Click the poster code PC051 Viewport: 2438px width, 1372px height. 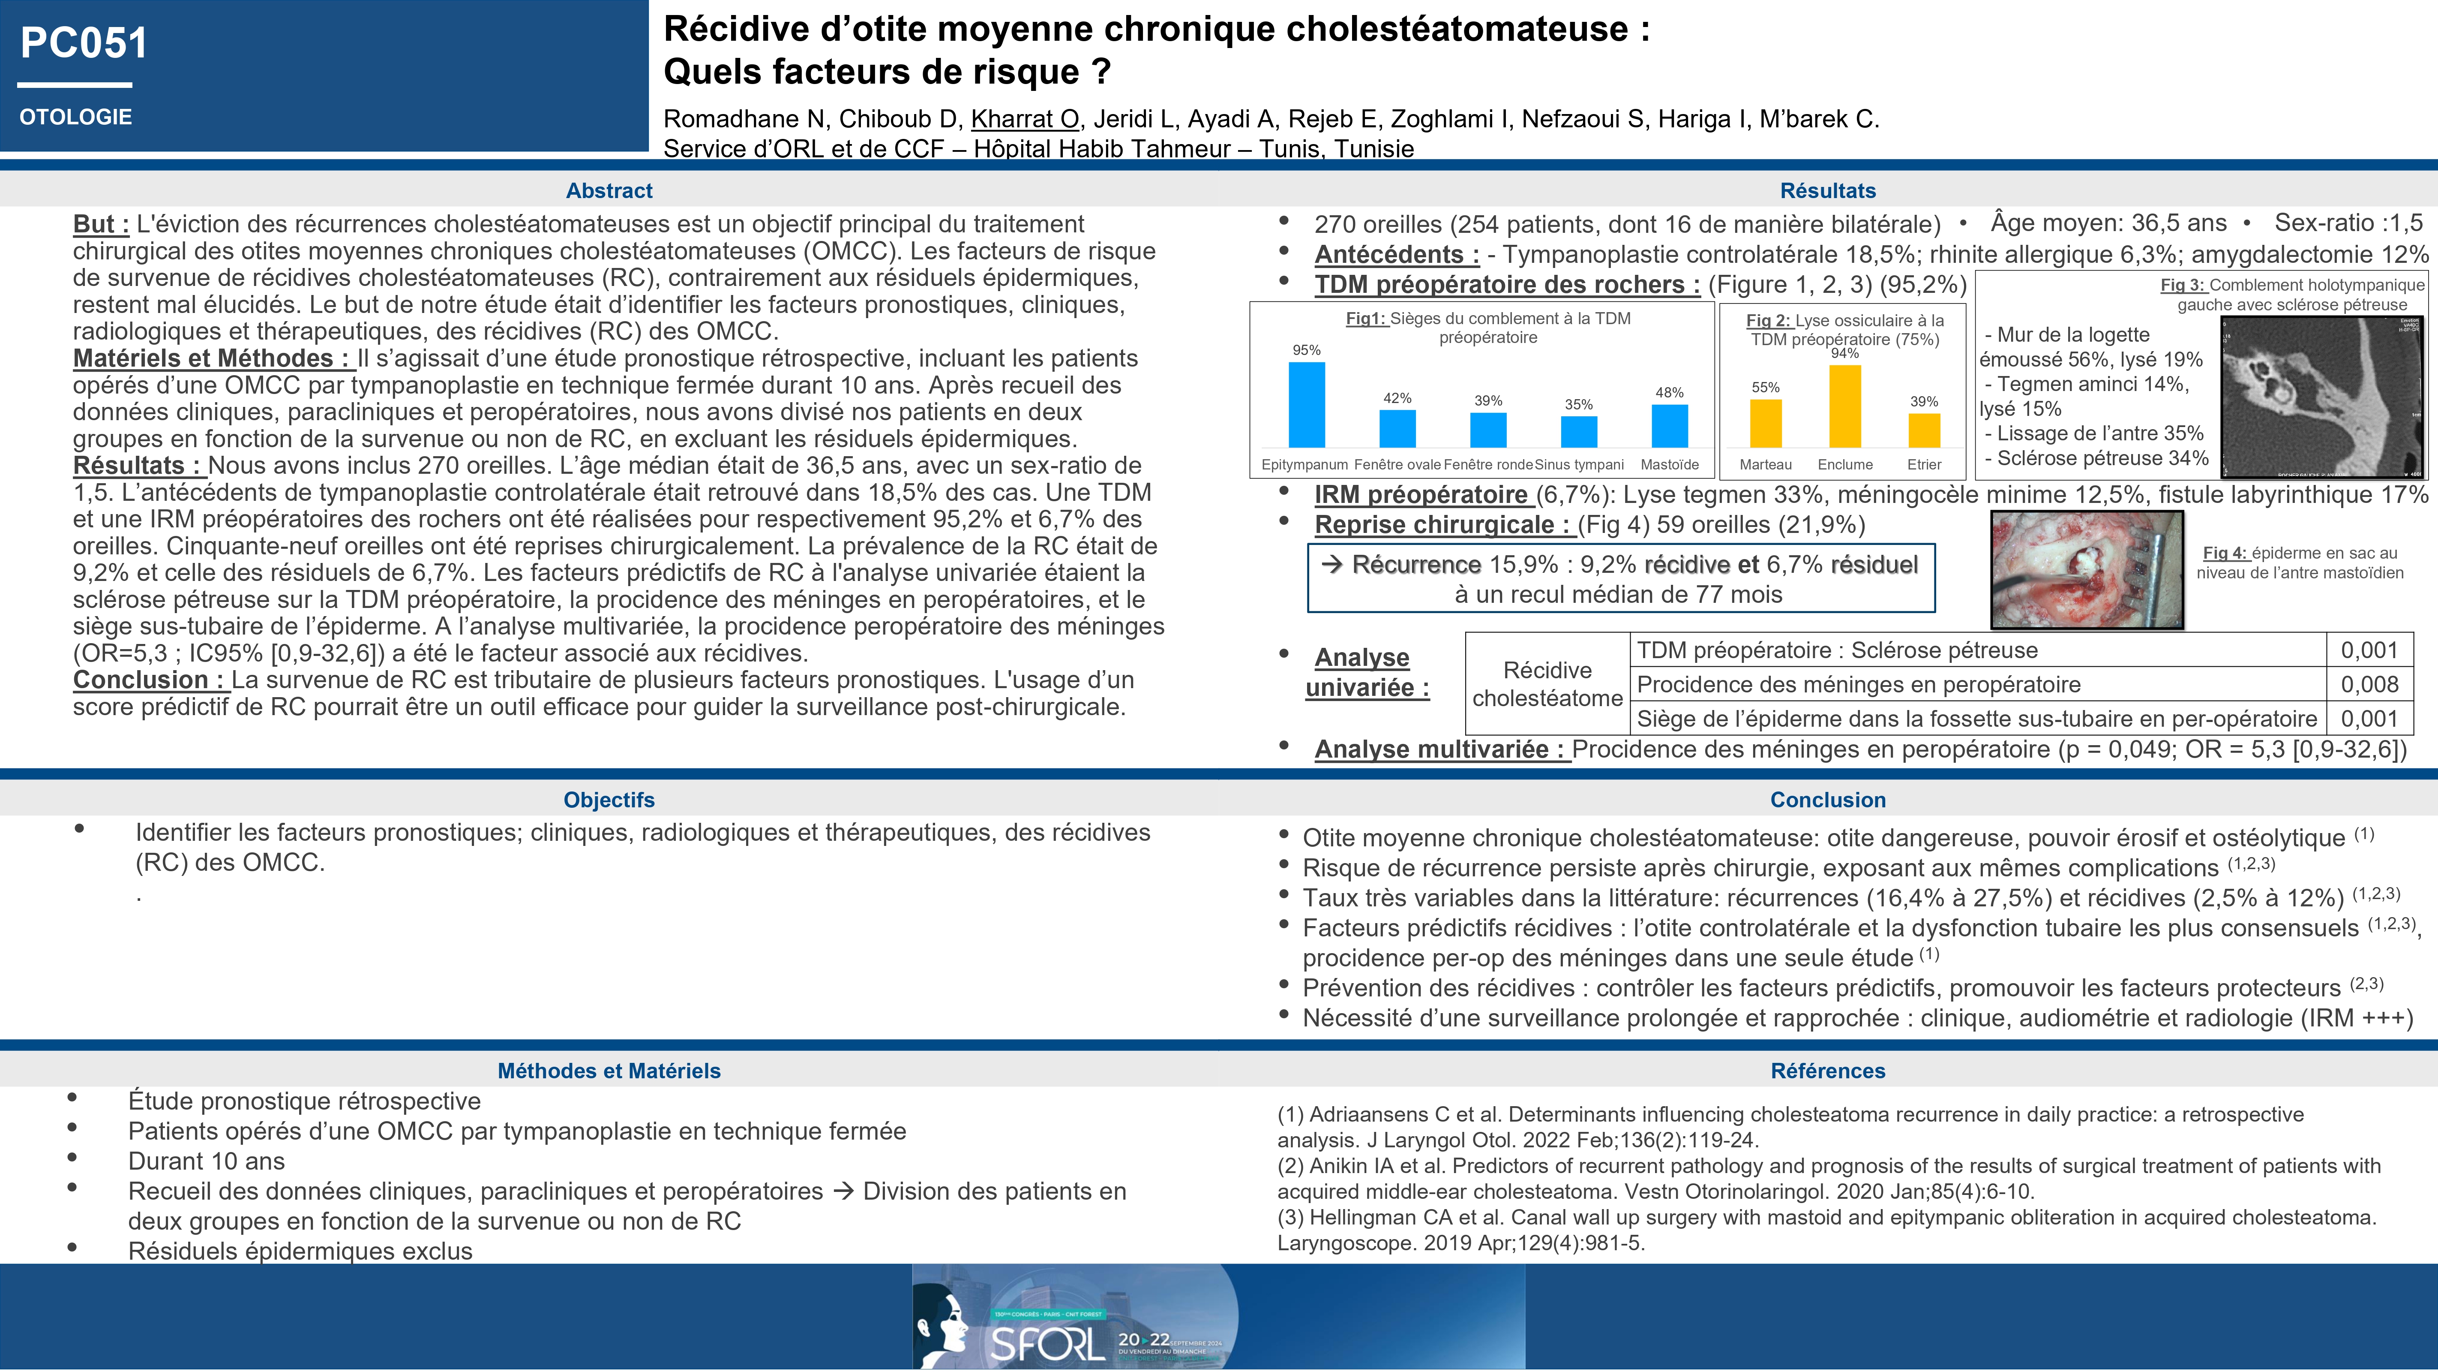(84, 44)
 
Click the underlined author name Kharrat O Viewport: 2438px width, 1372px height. (1025, 119)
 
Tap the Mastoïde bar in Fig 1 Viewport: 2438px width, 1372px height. (1670, 426)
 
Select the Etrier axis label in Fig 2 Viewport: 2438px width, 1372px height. (1924, 465)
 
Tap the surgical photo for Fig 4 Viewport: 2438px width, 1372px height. (2087, 570)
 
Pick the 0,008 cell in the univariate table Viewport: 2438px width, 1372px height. (2369, 685)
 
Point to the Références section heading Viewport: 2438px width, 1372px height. (1828, 1071)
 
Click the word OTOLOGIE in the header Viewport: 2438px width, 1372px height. (76, 117)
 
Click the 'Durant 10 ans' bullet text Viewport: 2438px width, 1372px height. (206, 1162)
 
